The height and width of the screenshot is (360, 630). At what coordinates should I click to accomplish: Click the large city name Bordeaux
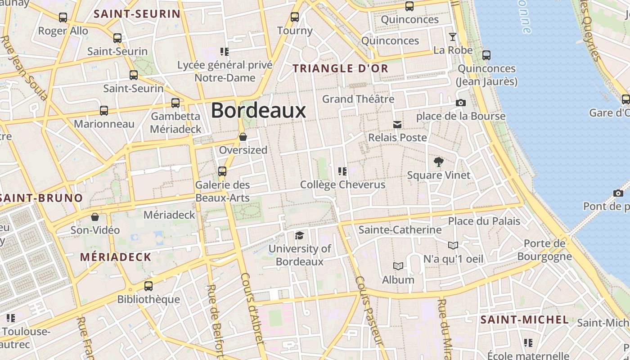[x=258, y=110]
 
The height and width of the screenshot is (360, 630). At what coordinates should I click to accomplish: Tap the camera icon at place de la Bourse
[x=460, y=103]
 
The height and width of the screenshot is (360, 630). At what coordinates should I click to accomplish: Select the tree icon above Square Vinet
[x=438, y=162]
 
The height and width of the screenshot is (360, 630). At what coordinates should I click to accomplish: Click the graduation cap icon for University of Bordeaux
[x=299, y=235]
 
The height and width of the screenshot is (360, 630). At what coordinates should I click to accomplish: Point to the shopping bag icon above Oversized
[x=243, y=137]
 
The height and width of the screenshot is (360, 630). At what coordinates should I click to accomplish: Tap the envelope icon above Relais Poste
[x=397, y=124]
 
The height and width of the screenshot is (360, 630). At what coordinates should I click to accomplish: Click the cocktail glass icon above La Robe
[x=453, y=37]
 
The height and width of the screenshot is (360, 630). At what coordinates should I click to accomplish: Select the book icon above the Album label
[x=398, y=266]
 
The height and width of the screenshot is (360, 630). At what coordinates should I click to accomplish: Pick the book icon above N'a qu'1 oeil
[x=453, y=245]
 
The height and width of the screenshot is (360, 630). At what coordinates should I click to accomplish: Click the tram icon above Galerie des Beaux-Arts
[x=222, y=171]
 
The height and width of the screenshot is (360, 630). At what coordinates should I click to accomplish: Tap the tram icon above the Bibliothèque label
[x=148, y=286]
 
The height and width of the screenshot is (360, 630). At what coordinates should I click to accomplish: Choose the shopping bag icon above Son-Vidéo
[x=95, y=217]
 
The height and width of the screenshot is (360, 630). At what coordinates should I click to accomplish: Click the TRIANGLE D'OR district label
[x=340, y=68]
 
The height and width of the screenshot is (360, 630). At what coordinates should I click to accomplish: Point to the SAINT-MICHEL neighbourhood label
[x=525, y=320]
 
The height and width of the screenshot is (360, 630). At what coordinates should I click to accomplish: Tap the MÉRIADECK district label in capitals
[x=116, y=257]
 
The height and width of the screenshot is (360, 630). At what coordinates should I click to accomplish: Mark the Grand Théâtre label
[x=358, y=99]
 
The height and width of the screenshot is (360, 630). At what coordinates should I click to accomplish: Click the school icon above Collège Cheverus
[x=342, y=171]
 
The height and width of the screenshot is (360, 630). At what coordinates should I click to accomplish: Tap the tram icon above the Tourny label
[x=295, y=17]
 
